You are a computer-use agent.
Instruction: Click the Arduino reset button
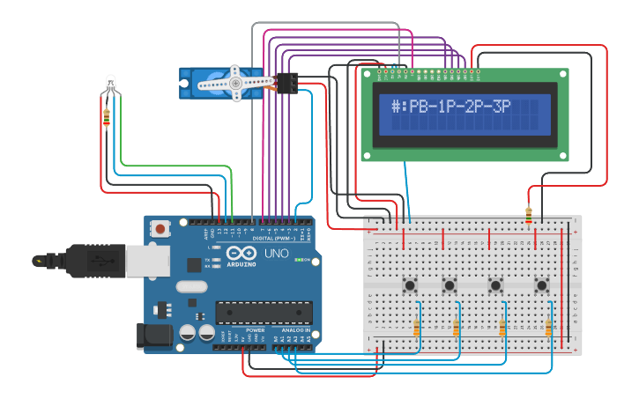(160, 229)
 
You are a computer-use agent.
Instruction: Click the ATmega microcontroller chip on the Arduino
(264, 312)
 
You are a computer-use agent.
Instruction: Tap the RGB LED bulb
(109, 83)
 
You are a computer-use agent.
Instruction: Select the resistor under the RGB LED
(107, 117)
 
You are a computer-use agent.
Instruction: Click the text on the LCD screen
(464, 107)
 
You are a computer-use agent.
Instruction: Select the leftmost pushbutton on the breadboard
(410, 284)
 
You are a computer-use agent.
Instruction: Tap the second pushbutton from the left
(450, 284)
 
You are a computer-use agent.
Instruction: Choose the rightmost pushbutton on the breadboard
(541, 284)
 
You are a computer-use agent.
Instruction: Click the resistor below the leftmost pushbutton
(416, 328)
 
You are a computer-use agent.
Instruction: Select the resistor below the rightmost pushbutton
(548, 328)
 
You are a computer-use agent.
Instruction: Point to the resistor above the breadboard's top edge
(528, 215)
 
